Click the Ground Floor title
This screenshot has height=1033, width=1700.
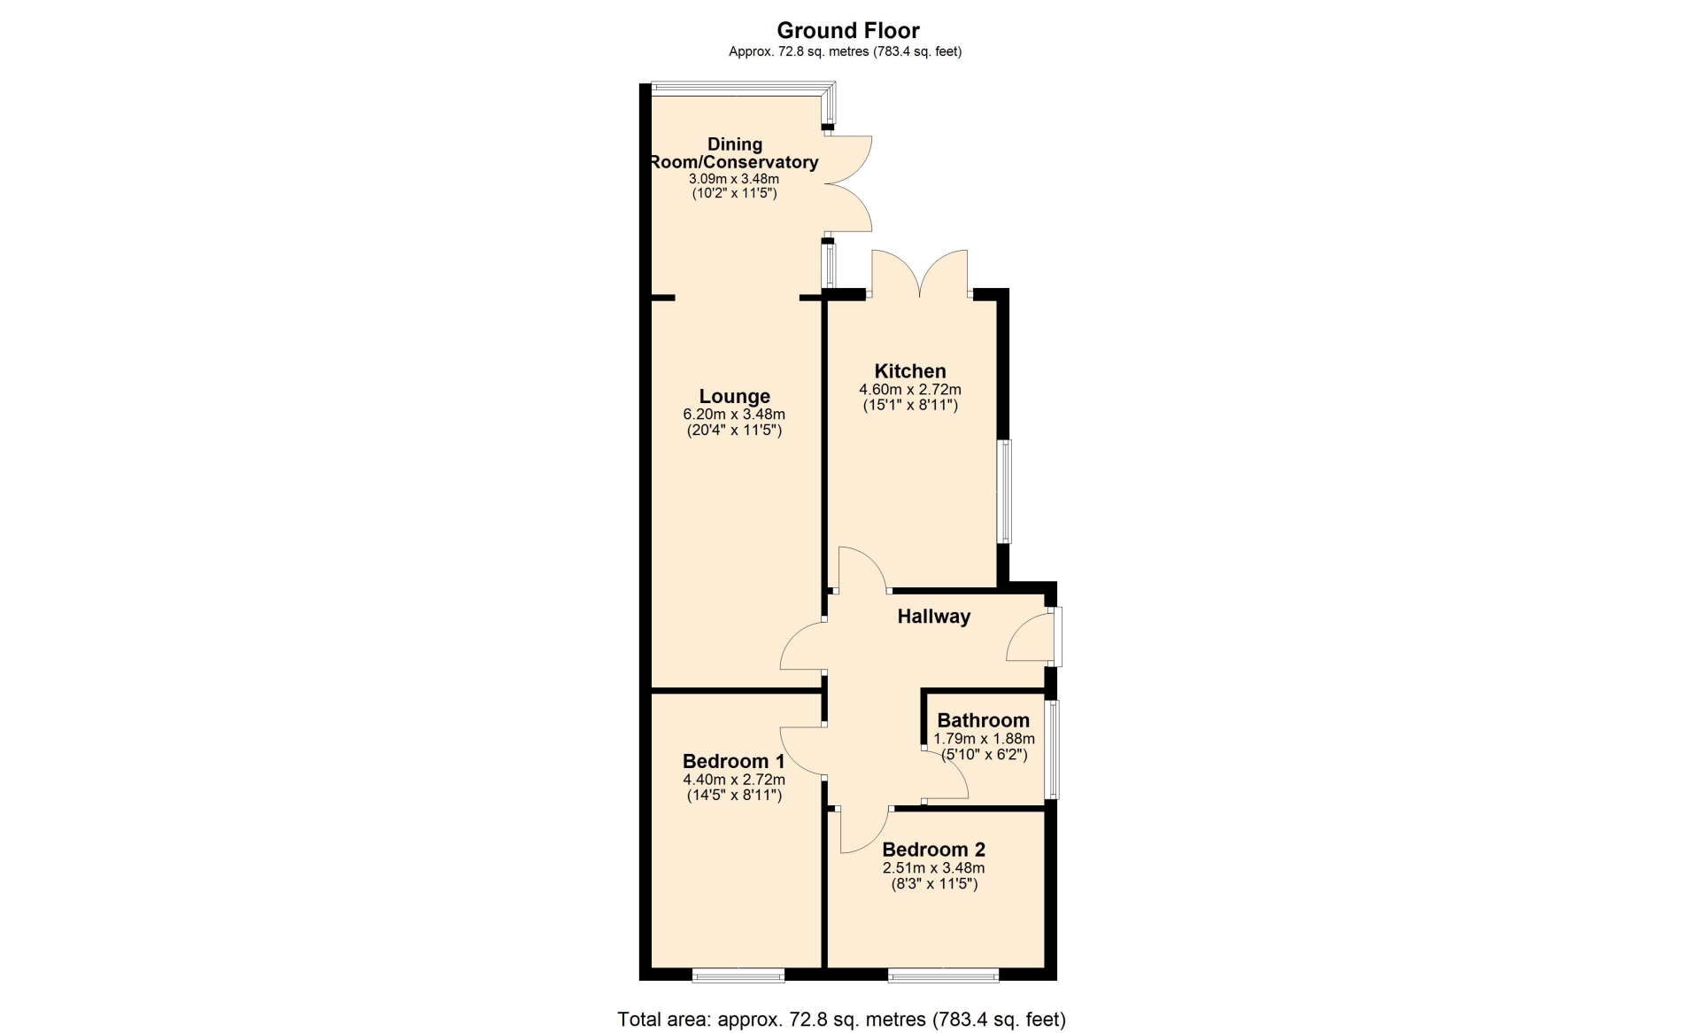pos(848,30)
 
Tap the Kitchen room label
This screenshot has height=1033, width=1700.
pos(910,371)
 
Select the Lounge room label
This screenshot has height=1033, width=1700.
pos(735,397)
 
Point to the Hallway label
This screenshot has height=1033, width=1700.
pos(934,617)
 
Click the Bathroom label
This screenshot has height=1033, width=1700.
pos(984,720)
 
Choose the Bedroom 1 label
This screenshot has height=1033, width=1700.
pos(734,761)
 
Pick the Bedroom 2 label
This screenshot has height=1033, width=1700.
pos(934,850)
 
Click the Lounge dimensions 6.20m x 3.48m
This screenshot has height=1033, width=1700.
pos(734,415)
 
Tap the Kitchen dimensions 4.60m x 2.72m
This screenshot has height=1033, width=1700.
pos(910,390)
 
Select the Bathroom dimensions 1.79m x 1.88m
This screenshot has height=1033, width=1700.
pos(984,739)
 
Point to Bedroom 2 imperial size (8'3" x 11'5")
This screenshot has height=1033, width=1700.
pos(934,884)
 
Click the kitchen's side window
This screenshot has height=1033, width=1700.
pos(1005,492)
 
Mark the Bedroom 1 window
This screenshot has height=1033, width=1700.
pos(738,975)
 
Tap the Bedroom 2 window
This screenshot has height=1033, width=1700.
pos(944,975)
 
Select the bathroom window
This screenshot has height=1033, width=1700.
pos(1051,750)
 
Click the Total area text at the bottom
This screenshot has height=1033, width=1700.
pos(841,1020)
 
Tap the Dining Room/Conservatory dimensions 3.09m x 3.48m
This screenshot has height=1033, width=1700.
pos(734,179)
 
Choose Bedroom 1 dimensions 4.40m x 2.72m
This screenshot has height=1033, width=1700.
pos(734,780)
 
